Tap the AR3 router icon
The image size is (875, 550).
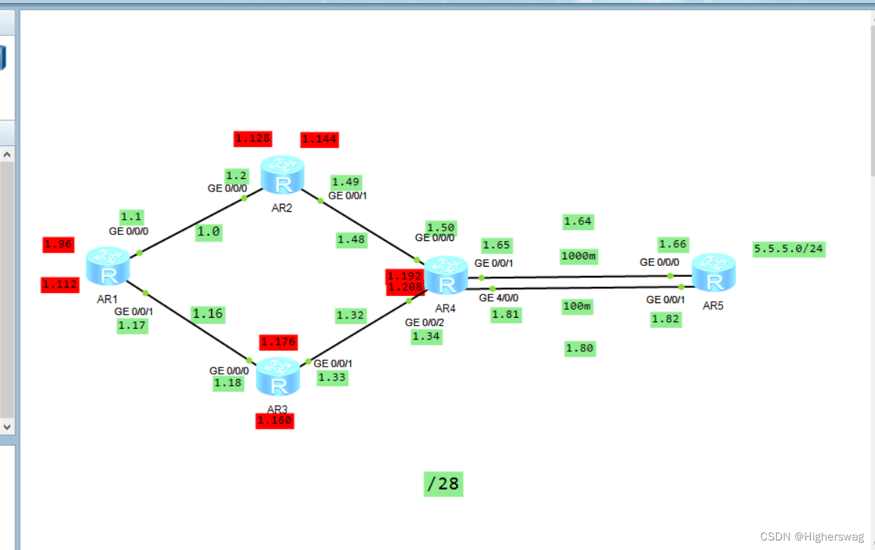coord(278,377)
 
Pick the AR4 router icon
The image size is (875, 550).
coord(446,275)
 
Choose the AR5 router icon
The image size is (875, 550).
coord(713,272)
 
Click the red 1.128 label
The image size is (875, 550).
coord(253,138)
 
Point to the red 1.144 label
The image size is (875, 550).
coord(319,140)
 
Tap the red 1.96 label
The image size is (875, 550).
coord(58,245)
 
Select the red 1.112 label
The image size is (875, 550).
coord(60,284)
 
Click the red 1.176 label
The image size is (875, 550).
coord(278,342)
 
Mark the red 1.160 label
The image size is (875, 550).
coord(275,421)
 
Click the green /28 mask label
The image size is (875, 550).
coord(443,484)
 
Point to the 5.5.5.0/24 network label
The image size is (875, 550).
coord(789,249)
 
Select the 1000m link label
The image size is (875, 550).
coord(579,256)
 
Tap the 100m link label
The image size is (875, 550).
coord(577,306)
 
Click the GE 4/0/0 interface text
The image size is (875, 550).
coord(499,298)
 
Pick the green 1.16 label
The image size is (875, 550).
coord(208,314)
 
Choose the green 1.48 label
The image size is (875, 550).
coord(352,240)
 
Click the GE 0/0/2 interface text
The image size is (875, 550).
coord(425,322)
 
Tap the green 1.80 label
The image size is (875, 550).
coord(580,348)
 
